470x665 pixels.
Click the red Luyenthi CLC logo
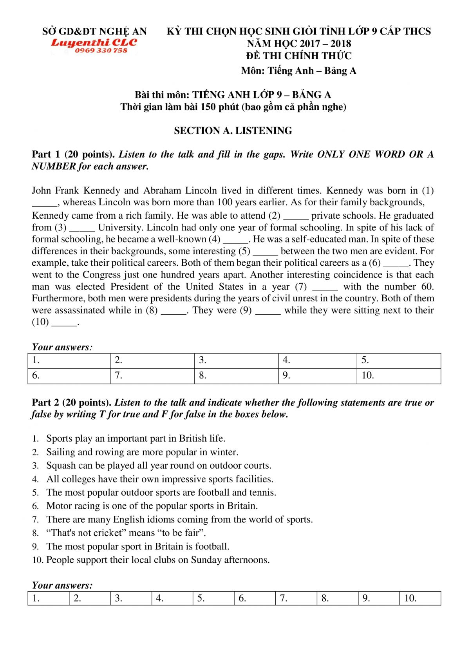click(94, 42)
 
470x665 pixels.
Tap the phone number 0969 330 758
click(101, 51)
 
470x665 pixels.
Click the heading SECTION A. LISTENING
click(233, 130)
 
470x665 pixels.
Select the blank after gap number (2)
click(296, 216)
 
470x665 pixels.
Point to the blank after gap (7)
click(325, 287)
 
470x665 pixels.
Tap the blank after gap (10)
click(65, 323)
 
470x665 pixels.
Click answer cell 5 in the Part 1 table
click(399, 361)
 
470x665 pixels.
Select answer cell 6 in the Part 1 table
click(69, 376)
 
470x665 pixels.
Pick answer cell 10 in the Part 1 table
click(399, 376)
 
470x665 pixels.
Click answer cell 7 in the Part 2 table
click(296, 598)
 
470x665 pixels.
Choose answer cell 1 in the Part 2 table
click(49, 598)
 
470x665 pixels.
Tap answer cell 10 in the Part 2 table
click(420, 598)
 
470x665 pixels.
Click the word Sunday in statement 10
click(206, 560)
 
